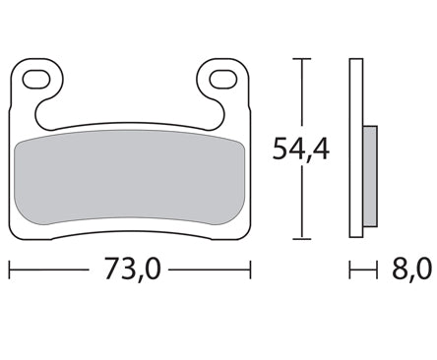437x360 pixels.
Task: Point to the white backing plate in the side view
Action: pos(356,148)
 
